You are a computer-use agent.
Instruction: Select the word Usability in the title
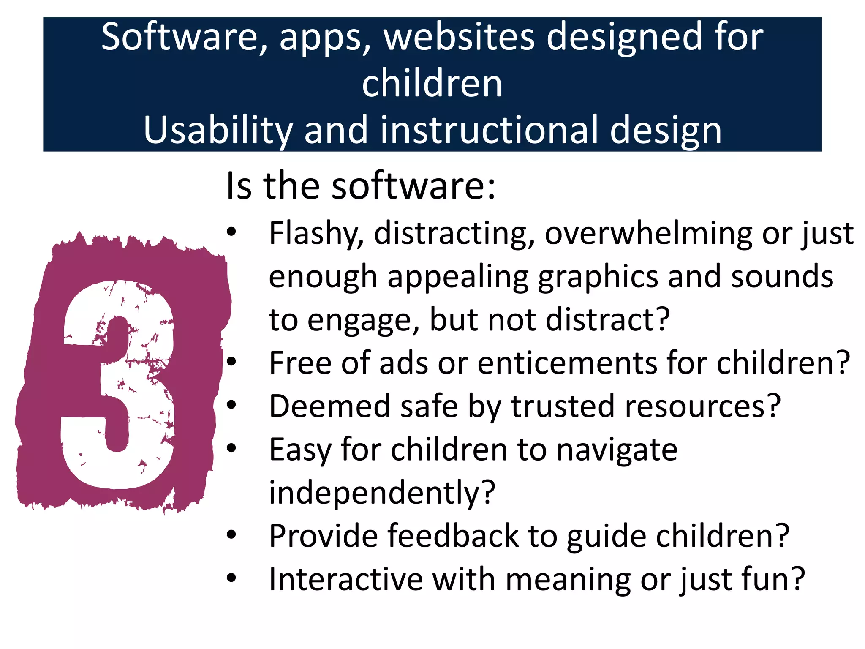[x=218, y=130]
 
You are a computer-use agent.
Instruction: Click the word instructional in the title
[x=490, y=130]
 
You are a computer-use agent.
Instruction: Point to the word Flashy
[x=316, y=234]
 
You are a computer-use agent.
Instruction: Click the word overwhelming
[x=648, y=234]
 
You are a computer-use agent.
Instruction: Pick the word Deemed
[x=330, y=406]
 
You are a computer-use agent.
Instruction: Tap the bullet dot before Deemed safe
[x=231, y=405]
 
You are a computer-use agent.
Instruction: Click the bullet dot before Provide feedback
[x=231, y=535]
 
